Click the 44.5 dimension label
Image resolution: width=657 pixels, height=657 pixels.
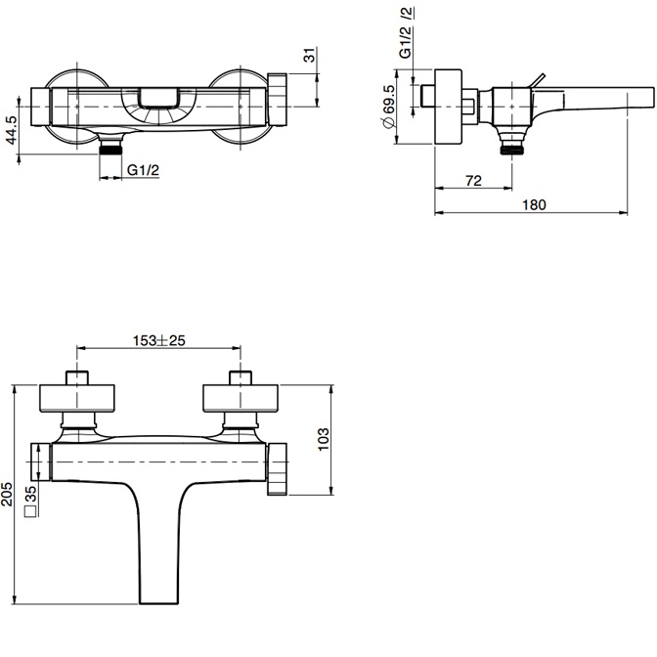tap(12, 130)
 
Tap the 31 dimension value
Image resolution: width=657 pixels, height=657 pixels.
tap(309, 55)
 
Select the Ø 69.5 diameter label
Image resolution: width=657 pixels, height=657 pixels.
tap(389, 107)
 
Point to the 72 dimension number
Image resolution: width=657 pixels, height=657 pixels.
tap(473, 181)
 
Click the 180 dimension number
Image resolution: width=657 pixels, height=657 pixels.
tap(534, 205)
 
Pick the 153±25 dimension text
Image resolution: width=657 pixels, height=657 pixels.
tap(158, 340)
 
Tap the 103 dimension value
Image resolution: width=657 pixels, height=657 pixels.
tap(324, 439)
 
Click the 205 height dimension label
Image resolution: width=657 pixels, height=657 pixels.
tap(7, 494)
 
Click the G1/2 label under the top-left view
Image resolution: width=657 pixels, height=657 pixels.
tap(144, 170)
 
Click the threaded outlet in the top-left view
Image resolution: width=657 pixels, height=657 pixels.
tap(110, 145)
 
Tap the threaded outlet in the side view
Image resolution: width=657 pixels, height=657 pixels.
tap(512, 145)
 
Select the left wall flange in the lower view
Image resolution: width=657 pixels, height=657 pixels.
tap(77, 398)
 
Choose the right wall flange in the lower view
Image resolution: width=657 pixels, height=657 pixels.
tap(241, 398)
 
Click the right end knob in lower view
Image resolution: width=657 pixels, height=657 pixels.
tap(278, 469)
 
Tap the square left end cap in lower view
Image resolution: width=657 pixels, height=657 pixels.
tap(41, 461)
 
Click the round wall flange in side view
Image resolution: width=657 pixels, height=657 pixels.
tap(448, 107)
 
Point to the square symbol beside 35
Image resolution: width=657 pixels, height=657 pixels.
tap(31, 511)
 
